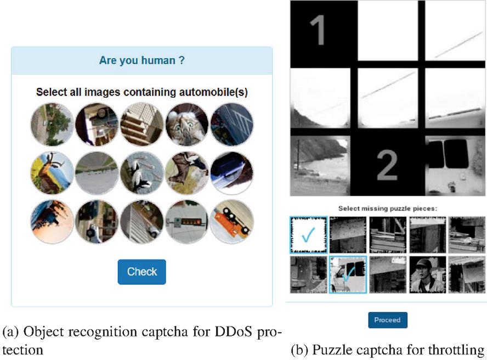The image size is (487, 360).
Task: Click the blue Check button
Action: pyautogui.click(x=141, y=272)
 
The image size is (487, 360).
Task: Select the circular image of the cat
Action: pyautogui.click(x=187, y=124)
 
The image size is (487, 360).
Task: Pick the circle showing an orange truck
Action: pyautogui.click(x=232, y=221)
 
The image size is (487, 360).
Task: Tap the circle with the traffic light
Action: pyautogui.click(x=187, y=221)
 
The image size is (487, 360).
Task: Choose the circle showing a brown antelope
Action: pyautogui.click(x=52, y=173)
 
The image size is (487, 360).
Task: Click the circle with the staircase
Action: pyautogui.click(x=142, y=124)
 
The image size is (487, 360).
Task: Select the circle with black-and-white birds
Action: pyautogui.click(x=142, y=173)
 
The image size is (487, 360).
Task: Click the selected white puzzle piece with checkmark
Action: pyautogui.click(x=308, y=235)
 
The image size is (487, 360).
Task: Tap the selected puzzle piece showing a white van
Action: pyautogui.click(x=348, y=274)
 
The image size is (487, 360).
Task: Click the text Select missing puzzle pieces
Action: pyautogui.click(x=387, y=208)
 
